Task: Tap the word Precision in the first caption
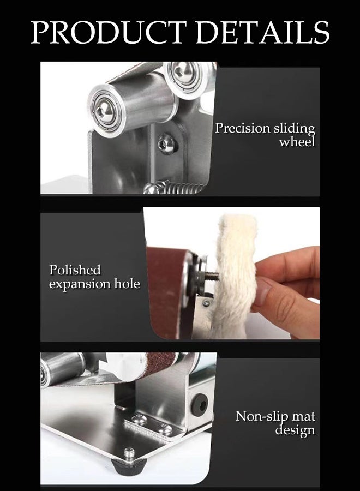pyautogui.click(x=242, y=129)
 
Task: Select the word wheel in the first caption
pyautogui.click(x=297, y=143)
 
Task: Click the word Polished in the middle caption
pyautogui.click(x=75, y=270)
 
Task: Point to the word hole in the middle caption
pyautogui.click(x=127, y=284)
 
